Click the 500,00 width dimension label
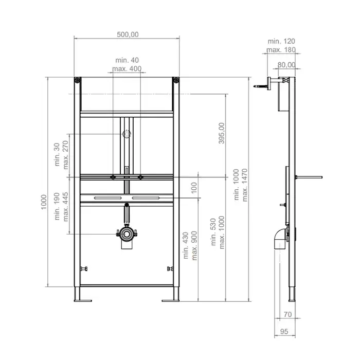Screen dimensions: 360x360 (128, 34)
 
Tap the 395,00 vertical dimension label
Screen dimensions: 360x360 (221, 133)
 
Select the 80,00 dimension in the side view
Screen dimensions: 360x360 (286, 65)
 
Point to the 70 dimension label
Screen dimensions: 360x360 (287, 314)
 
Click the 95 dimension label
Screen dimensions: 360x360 (284, 332)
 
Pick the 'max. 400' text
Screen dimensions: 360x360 (127, 68)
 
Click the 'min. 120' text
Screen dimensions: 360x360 (281, 41)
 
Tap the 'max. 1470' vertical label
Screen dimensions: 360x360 (245, 185)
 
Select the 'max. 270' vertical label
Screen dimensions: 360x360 (66, 155)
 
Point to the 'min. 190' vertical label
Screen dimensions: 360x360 (57, 206)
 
